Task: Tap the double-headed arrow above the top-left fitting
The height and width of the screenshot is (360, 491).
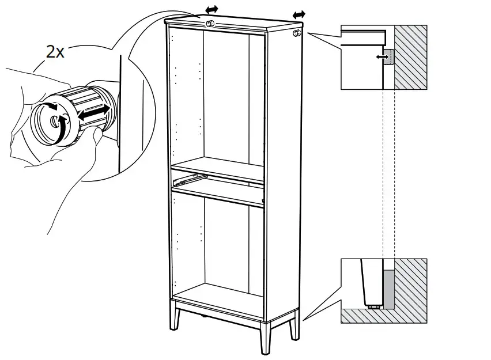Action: coord(212,10)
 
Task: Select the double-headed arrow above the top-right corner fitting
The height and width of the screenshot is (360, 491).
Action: coord(299,14)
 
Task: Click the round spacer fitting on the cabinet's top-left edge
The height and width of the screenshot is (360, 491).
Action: coord(210,24)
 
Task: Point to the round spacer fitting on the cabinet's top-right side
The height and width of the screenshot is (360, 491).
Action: coord(297,34)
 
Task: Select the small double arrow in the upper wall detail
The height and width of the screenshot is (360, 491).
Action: coord(380,56)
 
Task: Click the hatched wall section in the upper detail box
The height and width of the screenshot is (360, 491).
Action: coord(410,58)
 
